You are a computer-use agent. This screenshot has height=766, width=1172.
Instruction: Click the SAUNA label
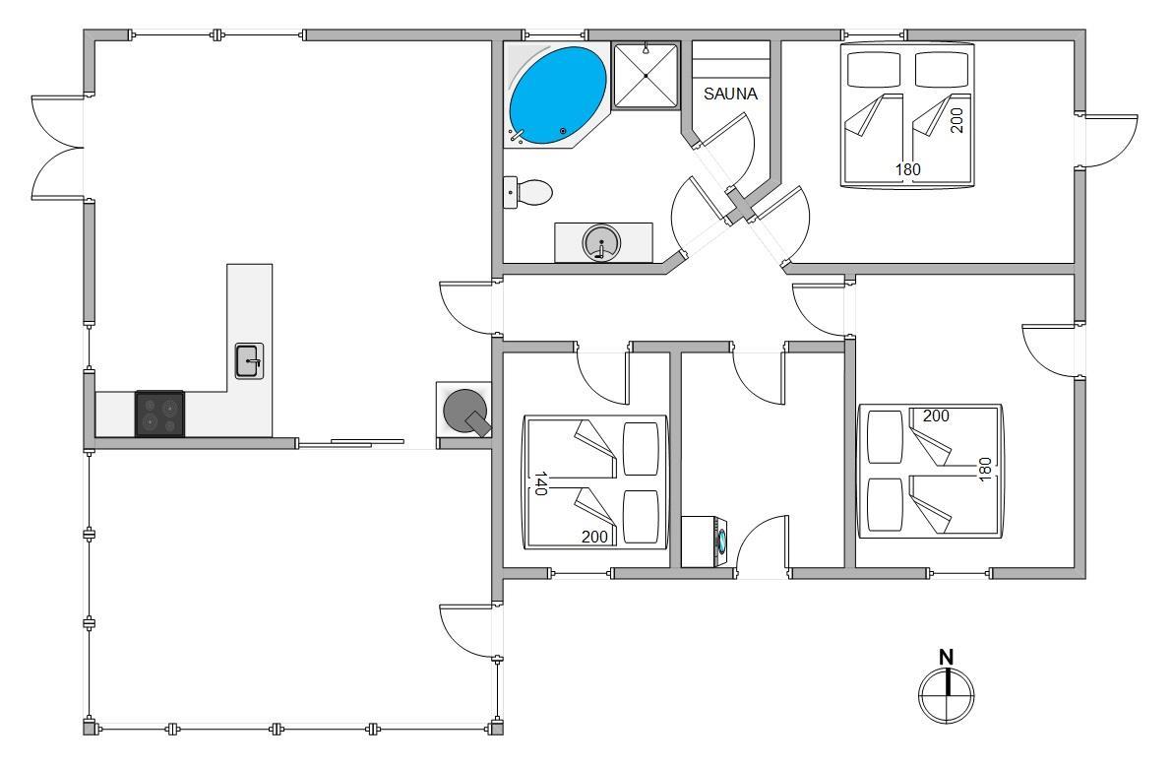coord(730,94)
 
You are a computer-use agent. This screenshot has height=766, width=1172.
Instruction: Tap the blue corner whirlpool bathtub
coord(558,95)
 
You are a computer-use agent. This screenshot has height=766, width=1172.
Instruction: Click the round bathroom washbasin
coord(601,242)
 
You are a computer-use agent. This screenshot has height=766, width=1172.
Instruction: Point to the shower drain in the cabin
coord(646,76)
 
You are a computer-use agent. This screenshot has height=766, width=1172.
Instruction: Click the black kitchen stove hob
coord(160,414)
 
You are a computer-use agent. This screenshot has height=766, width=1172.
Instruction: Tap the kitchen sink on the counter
coord(249,361)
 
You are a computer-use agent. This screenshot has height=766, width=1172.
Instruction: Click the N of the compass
coord(947,658)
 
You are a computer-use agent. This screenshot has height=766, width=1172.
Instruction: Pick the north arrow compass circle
coord(947,696)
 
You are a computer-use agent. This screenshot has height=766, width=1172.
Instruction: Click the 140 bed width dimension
coord(540,483)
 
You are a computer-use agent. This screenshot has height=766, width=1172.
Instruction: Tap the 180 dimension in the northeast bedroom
coord(908,169)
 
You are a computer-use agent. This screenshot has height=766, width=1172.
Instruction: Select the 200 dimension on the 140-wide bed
coord(595,537)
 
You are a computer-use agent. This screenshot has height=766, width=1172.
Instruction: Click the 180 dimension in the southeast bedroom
coord(984,469)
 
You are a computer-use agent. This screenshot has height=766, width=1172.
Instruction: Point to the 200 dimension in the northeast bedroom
coord(956,120)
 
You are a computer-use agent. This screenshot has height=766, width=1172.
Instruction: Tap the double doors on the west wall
coord(57,148)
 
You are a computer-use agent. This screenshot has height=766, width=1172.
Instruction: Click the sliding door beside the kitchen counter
coord(351,444)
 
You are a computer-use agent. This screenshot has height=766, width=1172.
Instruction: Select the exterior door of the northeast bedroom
coord(1107,142)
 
